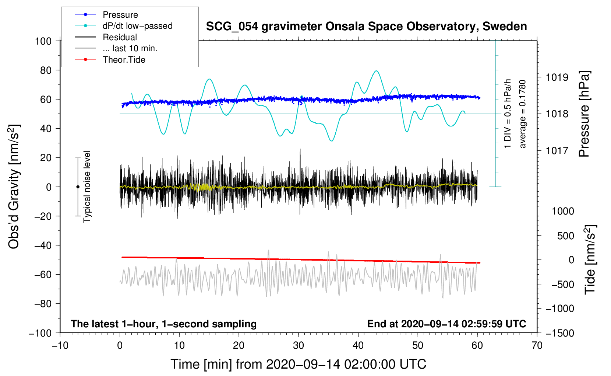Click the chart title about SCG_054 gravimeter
(x=366, y=27)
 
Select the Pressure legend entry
(x=120, y=15)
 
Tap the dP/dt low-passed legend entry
(x=137, y=26)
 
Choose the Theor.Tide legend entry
(x=124, y=60)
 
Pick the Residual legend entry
(x=120, y=37)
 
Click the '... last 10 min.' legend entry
(x=130, y=48)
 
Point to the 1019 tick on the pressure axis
(x=557, y=77)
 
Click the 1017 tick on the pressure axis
(x=557, y=150)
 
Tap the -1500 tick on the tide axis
(x=559, y=333)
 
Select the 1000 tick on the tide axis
(x=563, y=211)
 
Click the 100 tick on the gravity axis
(x=43, y=41)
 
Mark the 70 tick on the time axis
(x=537, y=346)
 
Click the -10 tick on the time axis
(x=60, y=346)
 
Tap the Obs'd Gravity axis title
(x=14, y=187)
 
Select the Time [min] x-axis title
(x=298, y=364)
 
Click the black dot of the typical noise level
(x=78, y=187)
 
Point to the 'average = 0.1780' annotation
(x=523, y=114)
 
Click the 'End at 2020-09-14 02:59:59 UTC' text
(x=446, y=324)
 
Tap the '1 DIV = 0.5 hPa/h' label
(x=508, y=114)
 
